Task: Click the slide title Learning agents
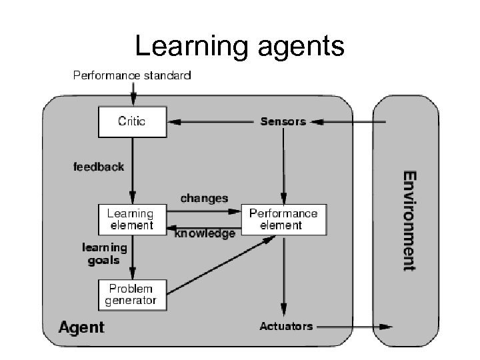tap(239, 47)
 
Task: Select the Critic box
tap(131, 121)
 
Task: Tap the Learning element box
tap(131, 219)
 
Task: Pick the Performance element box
tap(283, 219)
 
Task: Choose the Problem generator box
tap(131, 295)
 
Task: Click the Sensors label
tap(283, 121)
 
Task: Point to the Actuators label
tap(286, 326)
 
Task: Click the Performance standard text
tap(131, 75)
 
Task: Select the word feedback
tap(99, 167)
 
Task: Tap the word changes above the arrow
tap(204, 198)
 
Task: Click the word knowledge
tap(205, 234)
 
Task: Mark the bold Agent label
tap(81, 327)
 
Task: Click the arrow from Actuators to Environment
tap(353, 327)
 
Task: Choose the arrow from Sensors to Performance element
tap(284, 167)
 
